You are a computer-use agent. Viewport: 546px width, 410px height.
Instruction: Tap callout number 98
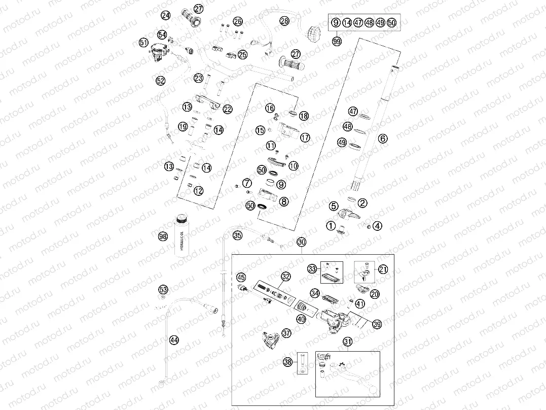(x=162, y=236)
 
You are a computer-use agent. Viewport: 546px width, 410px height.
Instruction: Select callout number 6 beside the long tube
(x=383, y=138)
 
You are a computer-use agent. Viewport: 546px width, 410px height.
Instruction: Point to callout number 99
(x=337, y=41)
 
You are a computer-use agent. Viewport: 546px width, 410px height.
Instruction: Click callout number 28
(x=284, y=21)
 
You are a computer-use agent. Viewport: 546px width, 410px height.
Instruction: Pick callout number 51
(x=144, y=43)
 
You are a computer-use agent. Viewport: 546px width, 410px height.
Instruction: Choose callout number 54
(x=162, y=35)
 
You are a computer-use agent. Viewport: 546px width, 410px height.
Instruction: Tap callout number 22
(x=228, y=109)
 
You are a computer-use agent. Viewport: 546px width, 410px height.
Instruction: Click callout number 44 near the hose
(x=173, y=340)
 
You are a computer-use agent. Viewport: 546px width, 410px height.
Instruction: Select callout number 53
(x=163, y=289)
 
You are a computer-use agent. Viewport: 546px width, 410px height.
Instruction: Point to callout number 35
(x=237, y=235)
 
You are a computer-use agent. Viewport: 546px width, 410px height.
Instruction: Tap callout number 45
(x=241, y=277)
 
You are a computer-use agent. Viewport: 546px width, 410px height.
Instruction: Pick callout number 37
(x=287, y=333)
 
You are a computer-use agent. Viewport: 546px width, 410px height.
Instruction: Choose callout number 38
(x=288, y=362)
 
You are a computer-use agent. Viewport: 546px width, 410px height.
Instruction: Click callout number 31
(x=347, y=343)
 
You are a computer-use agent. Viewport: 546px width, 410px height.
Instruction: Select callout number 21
(x=383, y=270)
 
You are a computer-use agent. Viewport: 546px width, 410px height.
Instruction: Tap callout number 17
(x=305, y=138)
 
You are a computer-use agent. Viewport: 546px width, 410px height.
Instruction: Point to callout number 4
(x=378, y=226)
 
